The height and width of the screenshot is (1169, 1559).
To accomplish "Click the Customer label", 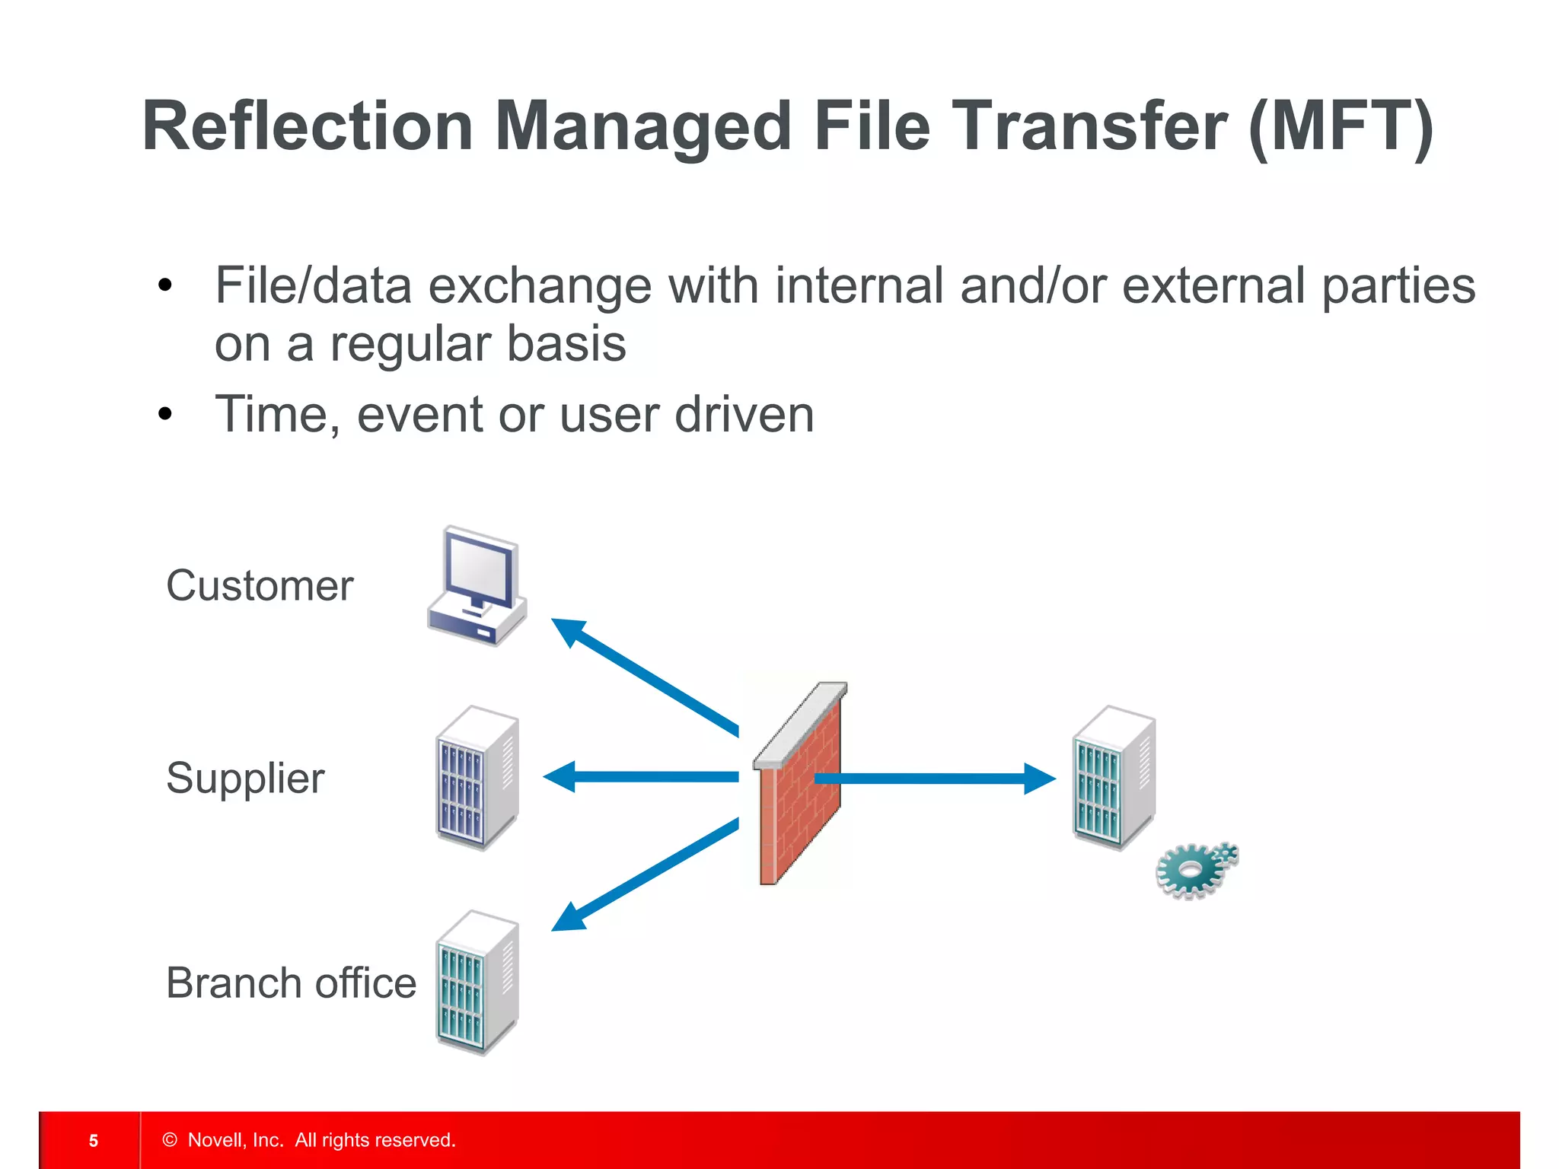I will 260,586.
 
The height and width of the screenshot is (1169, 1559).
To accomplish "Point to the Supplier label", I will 245,779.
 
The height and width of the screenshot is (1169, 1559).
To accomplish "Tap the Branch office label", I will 291,983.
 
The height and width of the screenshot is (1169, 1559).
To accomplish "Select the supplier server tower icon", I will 477,778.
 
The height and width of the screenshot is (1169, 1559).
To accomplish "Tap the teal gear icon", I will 1194,871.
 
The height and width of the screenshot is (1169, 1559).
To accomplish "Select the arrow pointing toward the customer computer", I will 643,676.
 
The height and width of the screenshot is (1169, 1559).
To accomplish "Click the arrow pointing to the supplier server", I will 639,777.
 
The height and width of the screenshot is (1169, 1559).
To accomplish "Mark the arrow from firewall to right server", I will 935,778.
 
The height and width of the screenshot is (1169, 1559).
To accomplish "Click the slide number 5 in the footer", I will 94,1140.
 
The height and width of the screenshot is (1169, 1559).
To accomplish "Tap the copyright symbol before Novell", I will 170,1139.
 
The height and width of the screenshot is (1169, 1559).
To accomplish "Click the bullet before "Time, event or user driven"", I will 165,416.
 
